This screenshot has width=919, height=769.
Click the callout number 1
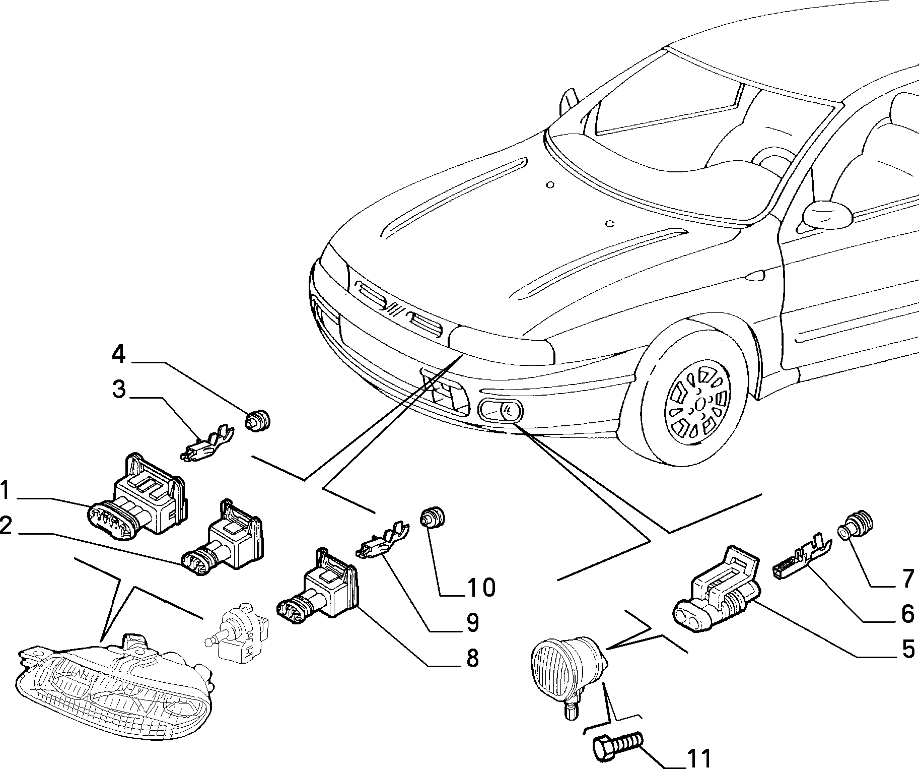tap(6, 490)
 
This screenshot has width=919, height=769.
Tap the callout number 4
tap(118, 355)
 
